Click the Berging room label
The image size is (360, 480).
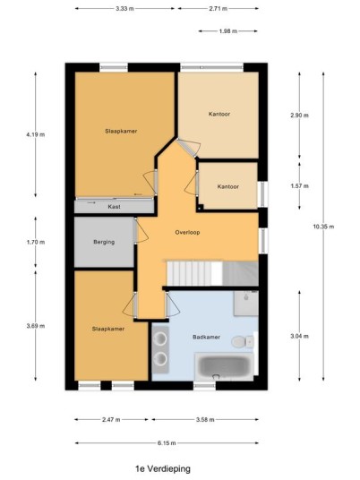click(x=104, y=242)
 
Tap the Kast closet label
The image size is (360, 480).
click(x=115, y=207)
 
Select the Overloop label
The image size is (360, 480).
click(x=187, y=232)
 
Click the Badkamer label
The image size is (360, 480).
click(x=206, y=337)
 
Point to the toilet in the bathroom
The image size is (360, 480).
click(x=243, y=341)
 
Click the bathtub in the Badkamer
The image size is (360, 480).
click(x=224, y=366)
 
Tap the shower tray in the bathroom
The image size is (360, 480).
click(x=246, y=303)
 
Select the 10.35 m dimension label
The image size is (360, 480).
click(x=323, y=227)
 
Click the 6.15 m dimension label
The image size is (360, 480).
click(x=167, y=443)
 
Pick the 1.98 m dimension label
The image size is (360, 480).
click(x=228, y=31)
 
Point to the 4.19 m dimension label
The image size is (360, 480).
click(x=36, y=134)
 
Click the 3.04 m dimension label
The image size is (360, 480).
click(x=299, y=336)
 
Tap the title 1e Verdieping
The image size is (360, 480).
click(x=163, y=468)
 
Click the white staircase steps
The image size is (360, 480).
click(x=194, y=273)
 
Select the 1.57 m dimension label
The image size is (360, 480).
click(x=299, y=185)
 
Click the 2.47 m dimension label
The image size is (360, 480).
click(x=111, y=419)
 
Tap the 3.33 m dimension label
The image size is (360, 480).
click(x=124, y=9)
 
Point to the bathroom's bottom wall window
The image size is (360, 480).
click(x=204, y=386)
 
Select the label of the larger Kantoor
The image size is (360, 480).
click(x=219, y=115)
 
